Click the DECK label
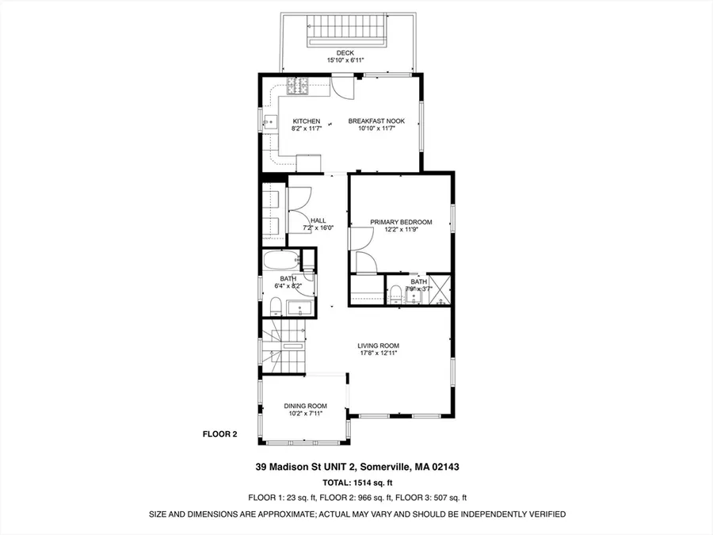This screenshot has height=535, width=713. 345,53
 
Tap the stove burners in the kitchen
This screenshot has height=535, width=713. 298,86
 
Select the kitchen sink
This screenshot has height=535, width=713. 270,122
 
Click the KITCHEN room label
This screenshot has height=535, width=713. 307,121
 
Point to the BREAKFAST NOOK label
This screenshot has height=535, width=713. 376,121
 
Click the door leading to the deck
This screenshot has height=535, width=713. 342,86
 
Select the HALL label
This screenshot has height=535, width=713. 318,220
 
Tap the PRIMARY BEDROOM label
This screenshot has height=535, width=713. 401,222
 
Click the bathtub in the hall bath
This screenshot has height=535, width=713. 281,261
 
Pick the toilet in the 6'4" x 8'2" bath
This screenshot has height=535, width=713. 276,306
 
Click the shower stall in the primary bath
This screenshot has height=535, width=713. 440,289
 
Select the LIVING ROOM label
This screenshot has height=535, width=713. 379,346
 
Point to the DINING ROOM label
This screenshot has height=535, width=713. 306,406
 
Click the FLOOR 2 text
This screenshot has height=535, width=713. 219,434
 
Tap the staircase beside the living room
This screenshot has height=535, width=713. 283,346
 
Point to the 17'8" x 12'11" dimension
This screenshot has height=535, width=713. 379,353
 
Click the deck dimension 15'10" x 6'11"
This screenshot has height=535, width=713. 345,60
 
